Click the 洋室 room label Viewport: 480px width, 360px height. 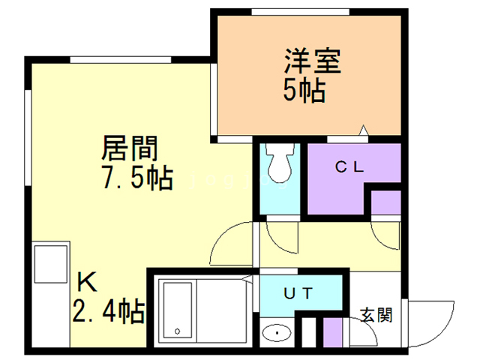pyautogui.click(x=313, y=61)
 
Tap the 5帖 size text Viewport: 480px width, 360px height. pyautogui.click(x=304, y=91)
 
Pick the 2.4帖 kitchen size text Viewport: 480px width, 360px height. pyautogui.click(x=108, y=310)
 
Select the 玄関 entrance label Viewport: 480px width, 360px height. pyautogui.click(x=375, y=315)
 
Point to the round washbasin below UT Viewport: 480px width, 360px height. pyautogui.click(x=278, y=331)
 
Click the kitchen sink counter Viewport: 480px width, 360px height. pyautogui.click(x=51, y=270)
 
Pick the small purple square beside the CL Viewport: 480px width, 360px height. pyautogui.click(x=387, y=202)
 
